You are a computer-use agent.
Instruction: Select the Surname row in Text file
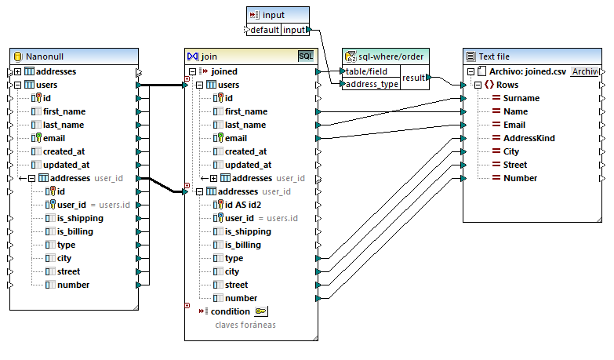[x=521, y=98]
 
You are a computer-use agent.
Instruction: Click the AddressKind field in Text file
[x=529, y=138]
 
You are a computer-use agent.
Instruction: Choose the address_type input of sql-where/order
[x=372, y=84]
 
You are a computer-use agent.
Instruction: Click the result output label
[x=414, y=78]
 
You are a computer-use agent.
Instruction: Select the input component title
[x=274, y=15]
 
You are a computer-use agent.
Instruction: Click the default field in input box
[x=264, y=30]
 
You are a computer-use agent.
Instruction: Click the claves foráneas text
[x=246, y=324]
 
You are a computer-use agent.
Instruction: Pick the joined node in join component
[x=224, y=71]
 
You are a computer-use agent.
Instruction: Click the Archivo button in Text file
[x=583, y=71]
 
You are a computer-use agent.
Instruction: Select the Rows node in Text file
[x=507, y=85]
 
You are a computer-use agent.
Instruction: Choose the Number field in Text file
[x=520, y=178]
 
